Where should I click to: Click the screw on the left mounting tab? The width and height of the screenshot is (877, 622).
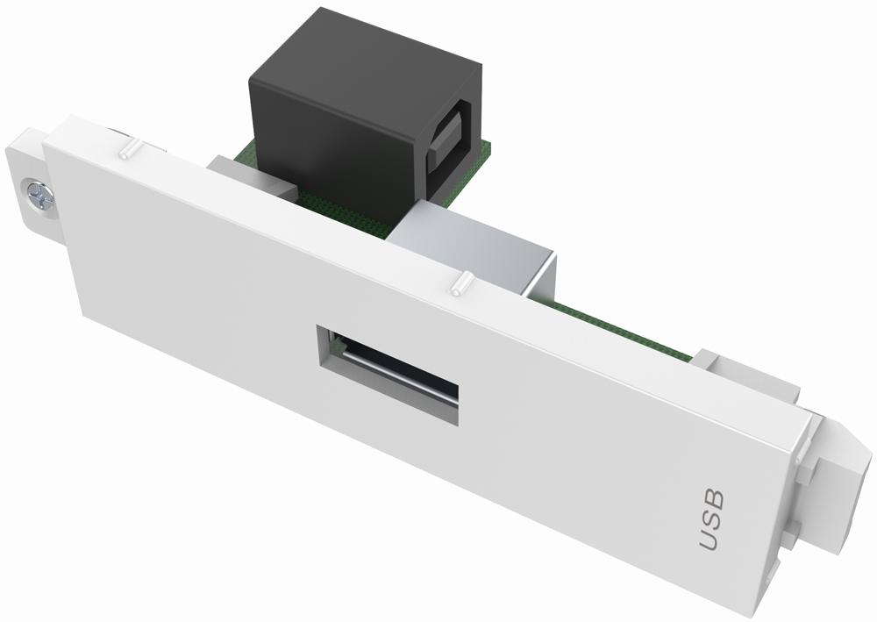(39, 195)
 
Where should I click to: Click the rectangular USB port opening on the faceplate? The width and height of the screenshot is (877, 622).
(387, 369)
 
